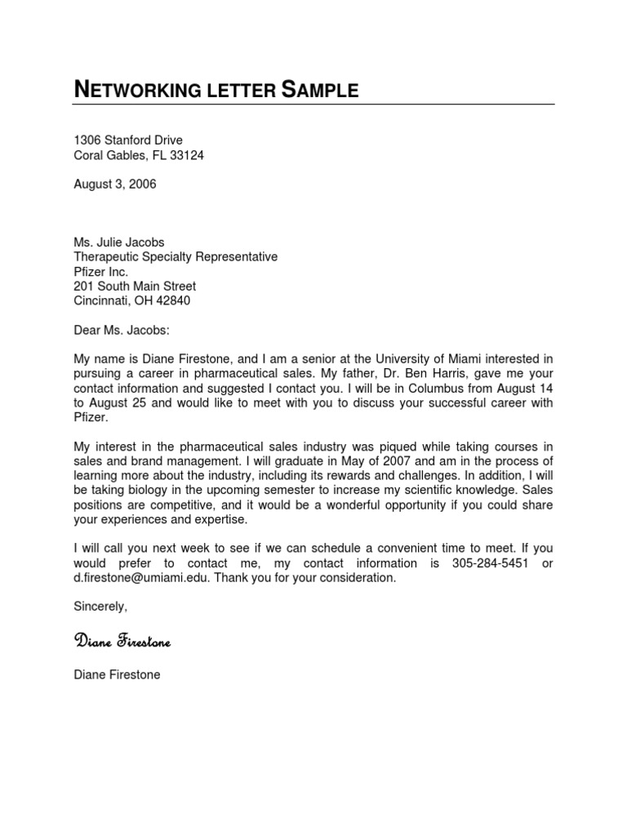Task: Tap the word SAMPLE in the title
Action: click(320, 90)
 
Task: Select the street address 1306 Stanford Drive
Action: click(128, 140)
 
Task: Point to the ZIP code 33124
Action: click(186, 156)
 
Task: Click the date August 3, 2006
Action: click(115, 185)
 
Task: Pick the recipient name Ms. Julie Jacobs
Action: click(119, 242)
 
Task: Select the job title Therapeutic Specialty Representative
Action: click(176, 257)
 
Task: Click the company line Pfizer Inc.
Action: click(101, 272)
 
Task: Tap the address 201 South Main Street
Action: click(135, 287)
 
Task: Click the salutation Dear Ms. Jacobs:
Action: click(123, 331)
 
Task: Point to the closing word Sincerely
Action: click(100, 607)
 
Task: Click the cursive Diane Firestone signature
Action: click(122, 642)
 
